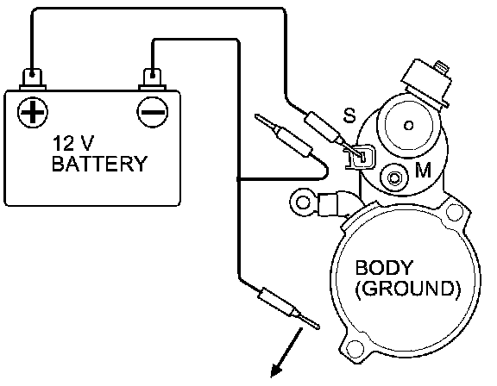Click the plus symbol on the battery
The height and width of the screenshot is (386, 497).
point(32,112)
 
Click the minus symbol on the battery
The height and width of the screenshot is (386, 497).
point(153,112)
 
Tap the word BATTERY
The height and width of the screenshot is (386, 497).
point(99,164)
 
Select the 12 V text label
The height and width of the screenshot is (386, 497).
point(73,143)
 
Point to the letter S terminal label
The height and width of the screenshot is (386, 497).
point(349,115)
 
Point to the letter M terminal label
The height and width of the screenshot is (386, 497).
point(423,171)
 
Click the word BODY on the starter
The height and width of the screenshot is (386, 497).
point(384,268)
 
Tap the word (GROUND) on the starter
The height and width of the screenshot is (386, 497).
point(407,289)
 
